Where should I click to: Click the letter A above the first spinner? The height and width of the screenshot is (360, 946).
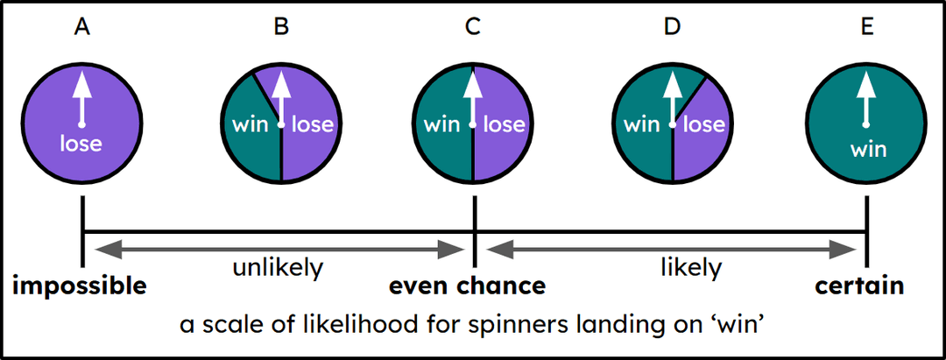click(x=82, y=27)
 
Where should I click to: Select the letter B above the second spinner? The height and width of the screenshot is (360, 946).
click(x=281, y=27)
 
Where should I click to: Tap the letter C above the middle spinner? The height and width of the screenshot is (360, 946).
click(x=473, y=27)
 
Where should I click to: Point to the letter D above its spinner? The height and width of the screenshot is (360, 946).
click(x=672, y=27)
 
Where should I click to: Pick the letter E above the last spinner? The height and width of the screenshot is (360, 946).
click(x=866, y=27)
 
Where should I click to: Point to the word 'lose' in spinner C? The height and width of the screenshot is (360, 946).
click(x=505, y=124)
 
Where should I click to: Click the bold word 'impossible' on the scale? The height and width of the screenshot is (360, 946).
click(x=79, y=286)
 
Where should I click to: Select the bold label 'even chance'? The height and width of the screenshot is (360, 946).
click(x=468, y=286)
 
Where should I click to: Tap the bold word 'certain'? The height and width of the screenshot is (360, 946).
click(x=859, y=286)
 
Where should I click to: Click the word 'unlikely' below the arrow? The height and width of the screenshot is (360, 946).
click(x=278, y=267)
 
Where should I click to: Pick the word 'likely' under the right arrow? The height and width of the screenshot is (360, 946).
click(x=691, y=267)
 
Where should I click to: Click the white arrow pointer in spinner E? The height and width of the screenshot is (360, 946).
click(x=865, y=97)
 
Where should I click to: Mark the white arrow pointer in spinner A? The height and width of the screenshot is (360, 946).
click(x=81, y=97)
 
